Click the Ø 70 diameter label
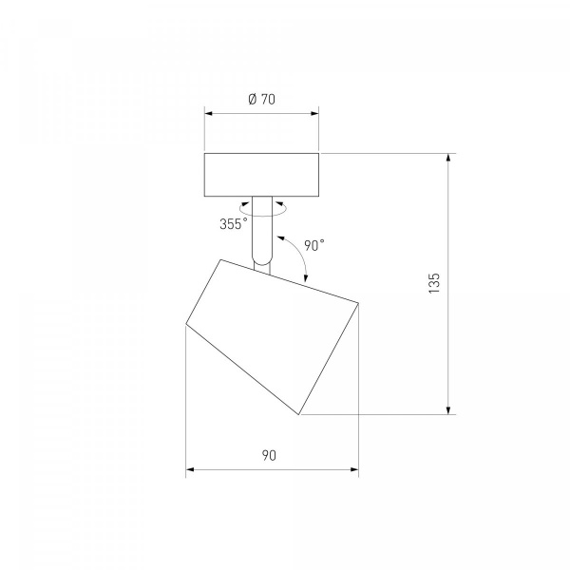262,99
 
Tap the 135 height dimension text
434,283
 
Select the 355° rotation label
234,224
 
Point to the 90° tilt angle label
314,245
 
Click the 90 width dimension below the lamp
269,455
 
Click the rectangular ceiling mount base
262,175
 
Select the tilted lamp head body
273,336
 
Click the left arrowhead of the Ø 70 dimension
208,113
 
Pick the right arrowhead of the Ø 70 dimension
314,113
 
